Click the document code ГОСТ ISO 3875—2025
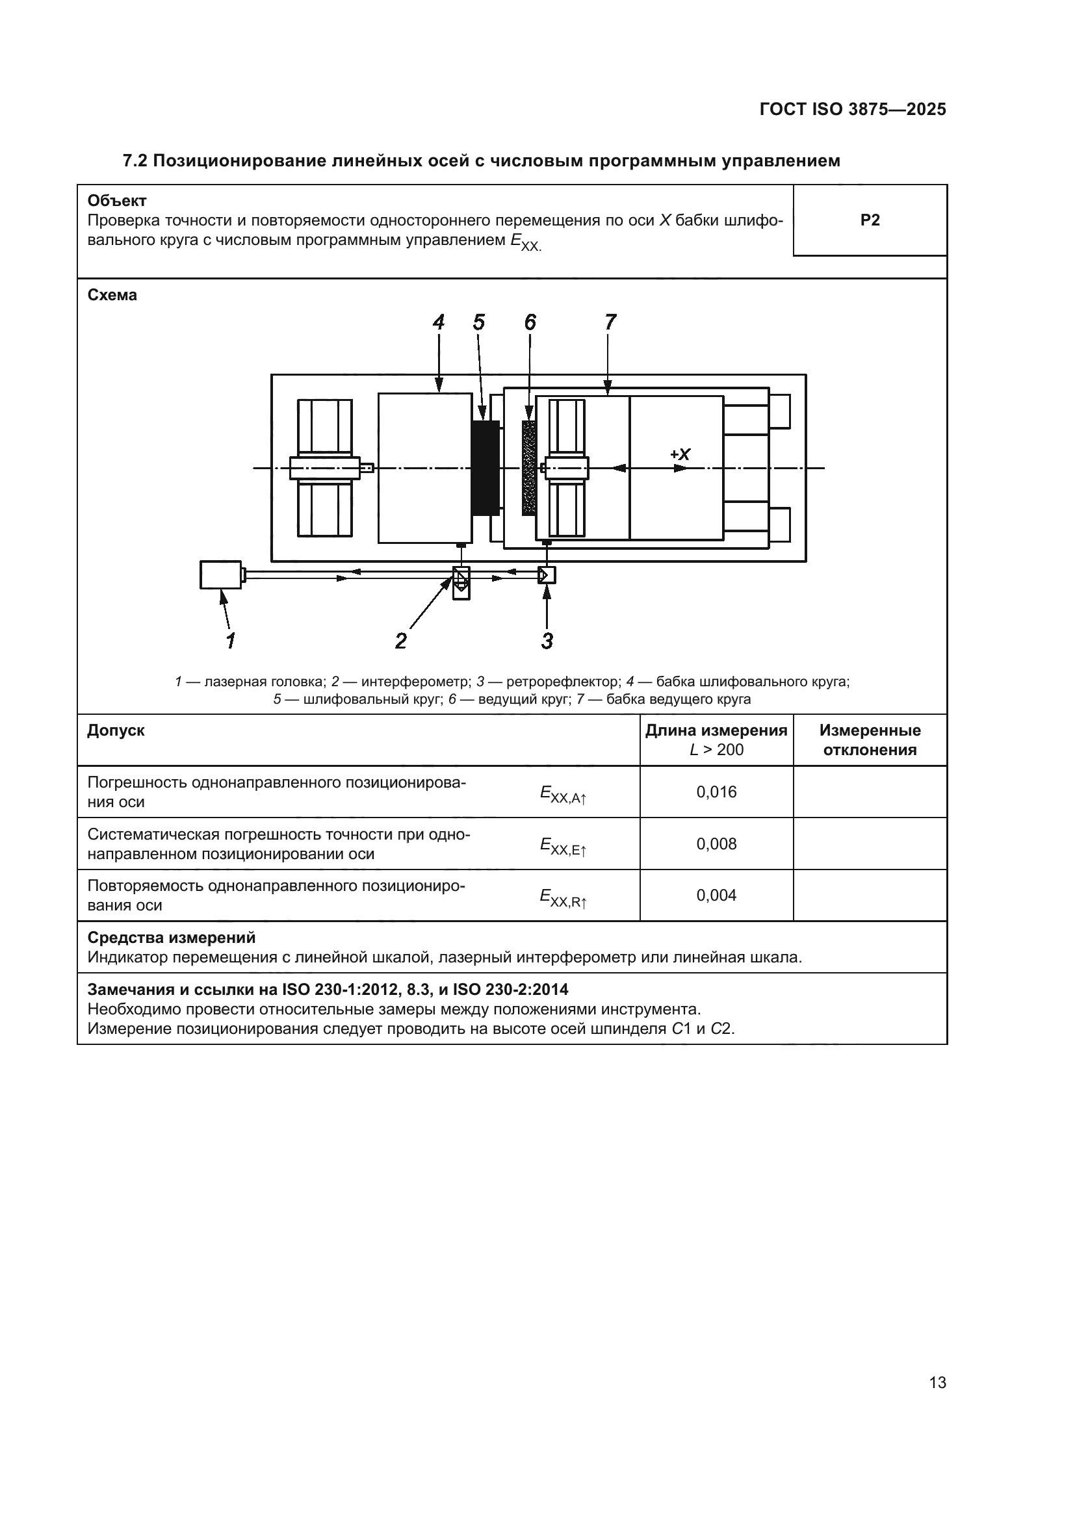852,109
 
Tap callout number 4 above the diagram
439,322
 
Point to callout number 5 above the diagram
478,322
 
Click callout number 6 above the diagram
530,322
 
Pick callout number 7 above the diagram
610,322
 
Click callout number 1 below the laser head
230,640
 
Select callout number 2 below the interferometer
401,640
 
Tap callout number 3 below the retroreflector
547,640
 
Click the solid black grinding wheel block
486,467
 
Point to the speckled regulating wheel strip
529,467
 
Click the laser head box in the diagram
220,574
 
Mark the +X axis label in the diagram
680,454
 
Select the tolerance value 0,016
716,792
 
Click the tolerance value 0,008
716,844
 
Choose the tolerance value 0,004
716,895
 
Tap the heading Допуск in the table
116,730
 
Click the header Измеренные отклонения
870,740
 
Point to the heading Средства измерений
172,938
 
